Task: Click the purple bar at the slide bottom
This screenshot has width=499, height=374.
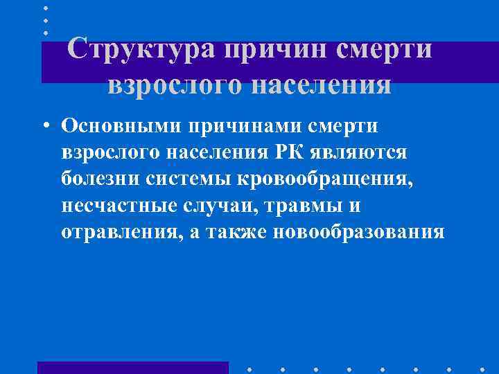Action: pyautogui.click(x=132, y=367)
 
